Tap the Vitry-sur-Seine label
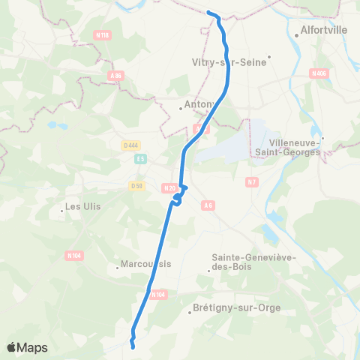click(x=229, y=62)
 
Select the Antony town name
click(x=198, y=103)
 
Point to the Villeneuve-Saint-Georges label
click(x=295, y=146)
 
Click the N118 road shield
click(x=102, y=35)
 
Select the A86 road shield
click(x=115, y=76)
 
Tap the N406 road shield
click(x=318, y=73)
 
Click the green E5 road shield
click(x=140, y=159)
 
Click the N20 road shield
click(x=169, y=188)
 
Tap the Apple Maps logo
click(x=27, y=347)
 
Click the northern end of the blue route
click(x=208, y=12)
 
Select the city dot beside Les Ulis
click(x=61, y=211)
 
